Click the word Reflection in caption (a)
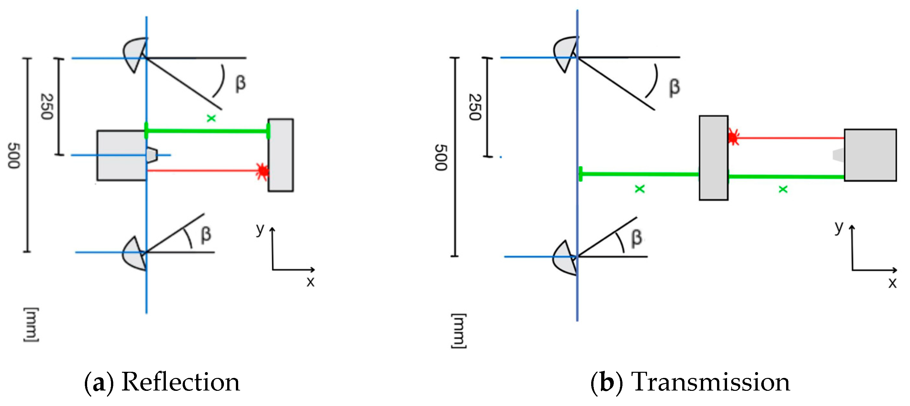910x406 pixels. point(180,382)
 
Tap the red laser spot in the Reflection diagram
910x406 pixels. point(262,171)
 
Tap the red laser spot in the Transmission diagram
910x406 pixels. point(733,137)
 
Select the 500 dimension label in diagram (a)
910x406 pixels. point(14,156)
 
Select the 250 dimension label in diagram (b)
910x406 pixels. point(475,107)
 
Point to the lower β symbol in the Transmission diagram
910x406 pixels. point(636,238)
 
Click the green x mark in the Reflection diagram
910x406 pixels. point(211,118)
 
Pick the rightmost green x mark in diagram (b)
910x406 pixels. point(783,189)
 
